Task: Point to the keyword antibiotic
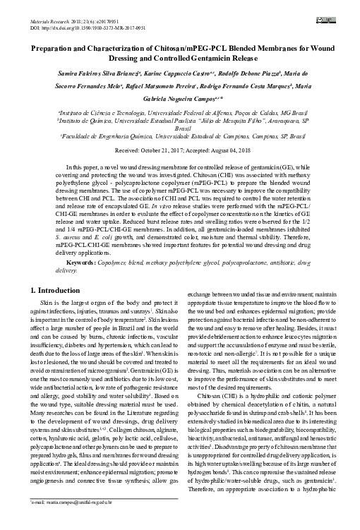pos(292,263)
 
